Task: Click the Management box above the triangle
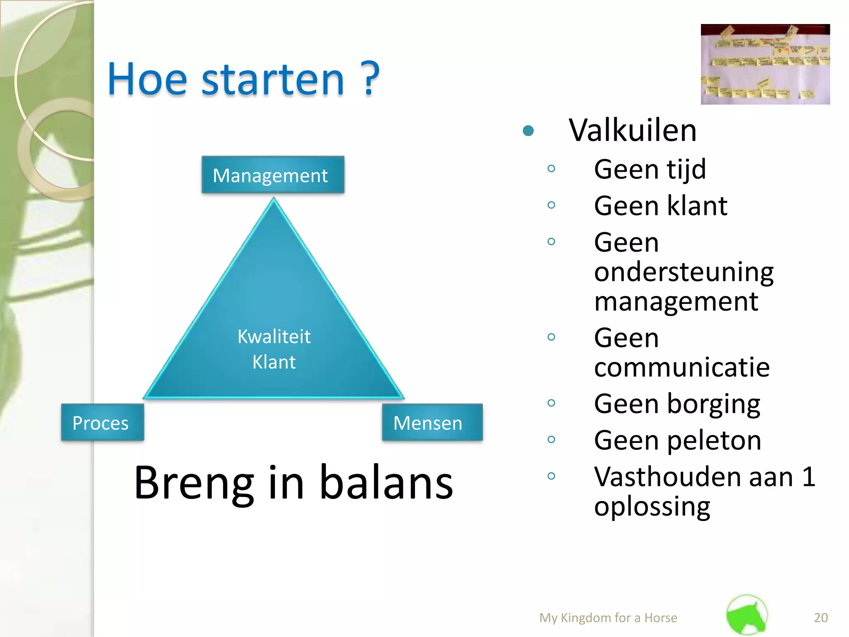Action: coord(272,175)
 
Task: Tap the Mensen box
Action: coord(432,423)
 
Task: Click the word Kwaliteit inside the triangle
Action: coord(274,336)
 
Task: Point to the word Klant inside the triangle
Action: coord(274,362)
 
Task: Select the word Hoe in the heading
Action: coord(147,79)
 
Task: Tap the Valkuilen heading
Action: coord(632,131)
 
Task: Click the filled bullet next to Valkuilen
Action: coord(528,131)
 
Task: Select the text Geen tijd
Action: coord(650,169)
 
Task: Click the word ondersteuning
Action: coord(684,272)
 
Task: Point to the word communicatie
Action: coord(682,367)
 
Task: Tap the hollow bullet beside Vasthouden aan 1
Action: coord(551,476)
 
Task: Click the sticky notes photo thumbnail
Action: coord(765,64)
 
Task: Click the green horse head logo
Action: coord(747,615)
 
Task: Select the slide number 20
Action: coord(820,618)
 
